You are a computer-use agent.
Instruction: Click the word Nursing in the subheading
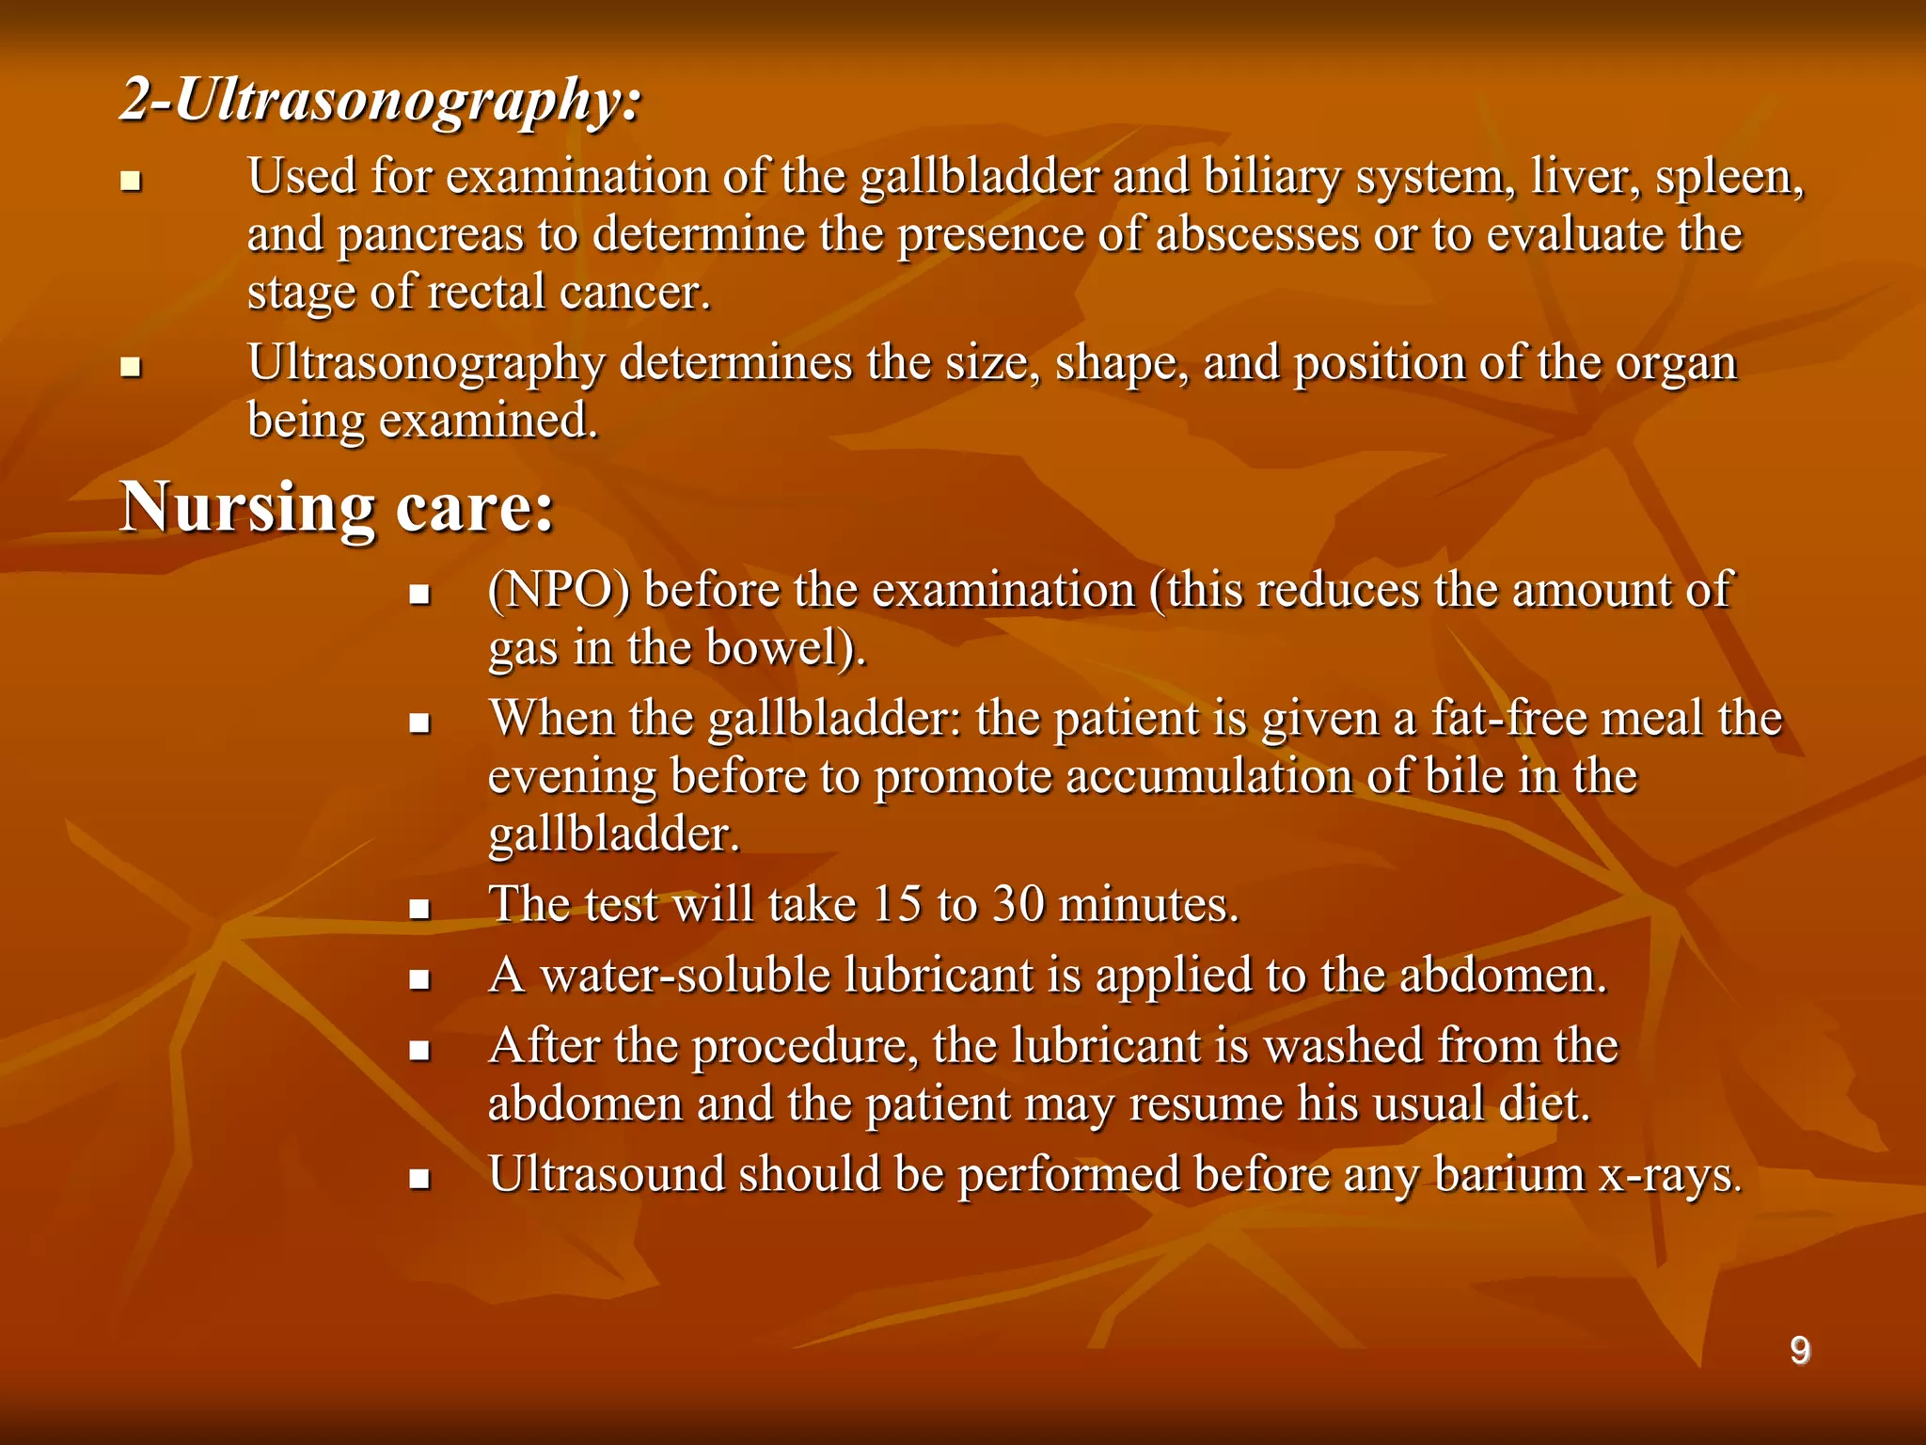(x=247, y=509)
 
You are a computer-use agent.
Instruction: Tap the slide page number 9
(x=1799, y=1351)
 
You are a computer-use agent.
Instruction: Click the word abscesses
(x=1257, y=234)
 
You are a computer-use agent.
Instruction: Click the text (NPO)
(x=559, y=592)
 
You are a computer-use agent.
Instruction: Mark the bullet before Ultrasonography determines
(x=131, y=367)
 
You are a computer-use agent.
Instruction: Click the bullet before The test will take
(x=419, y=910)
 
